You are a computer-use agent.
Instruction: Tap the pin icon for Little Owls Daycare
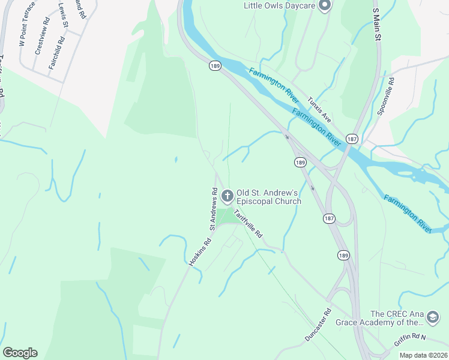[325, 5]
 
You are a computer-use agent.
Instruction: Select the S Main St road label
[377, 25]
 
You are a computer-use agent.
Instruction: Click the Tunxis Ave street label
[319, 109]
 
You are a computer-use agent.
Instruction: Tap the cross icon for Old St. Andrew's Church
[227, 196]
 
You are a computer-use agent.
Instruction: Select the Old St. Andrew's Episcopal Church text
[268, 197]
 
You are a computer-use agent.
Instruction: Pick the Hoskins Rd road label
[200, 253]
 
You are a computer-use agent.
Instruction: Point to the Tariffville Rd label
[248, 224]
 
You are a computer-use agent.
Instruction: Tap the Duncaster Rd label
[318, 325]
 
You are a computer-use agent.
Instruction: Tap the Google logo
[20, 353]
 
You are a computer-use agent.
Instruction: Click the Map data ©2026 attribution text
[423, 355]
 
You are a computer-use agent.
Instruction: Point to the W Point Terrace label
[28, 24]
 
